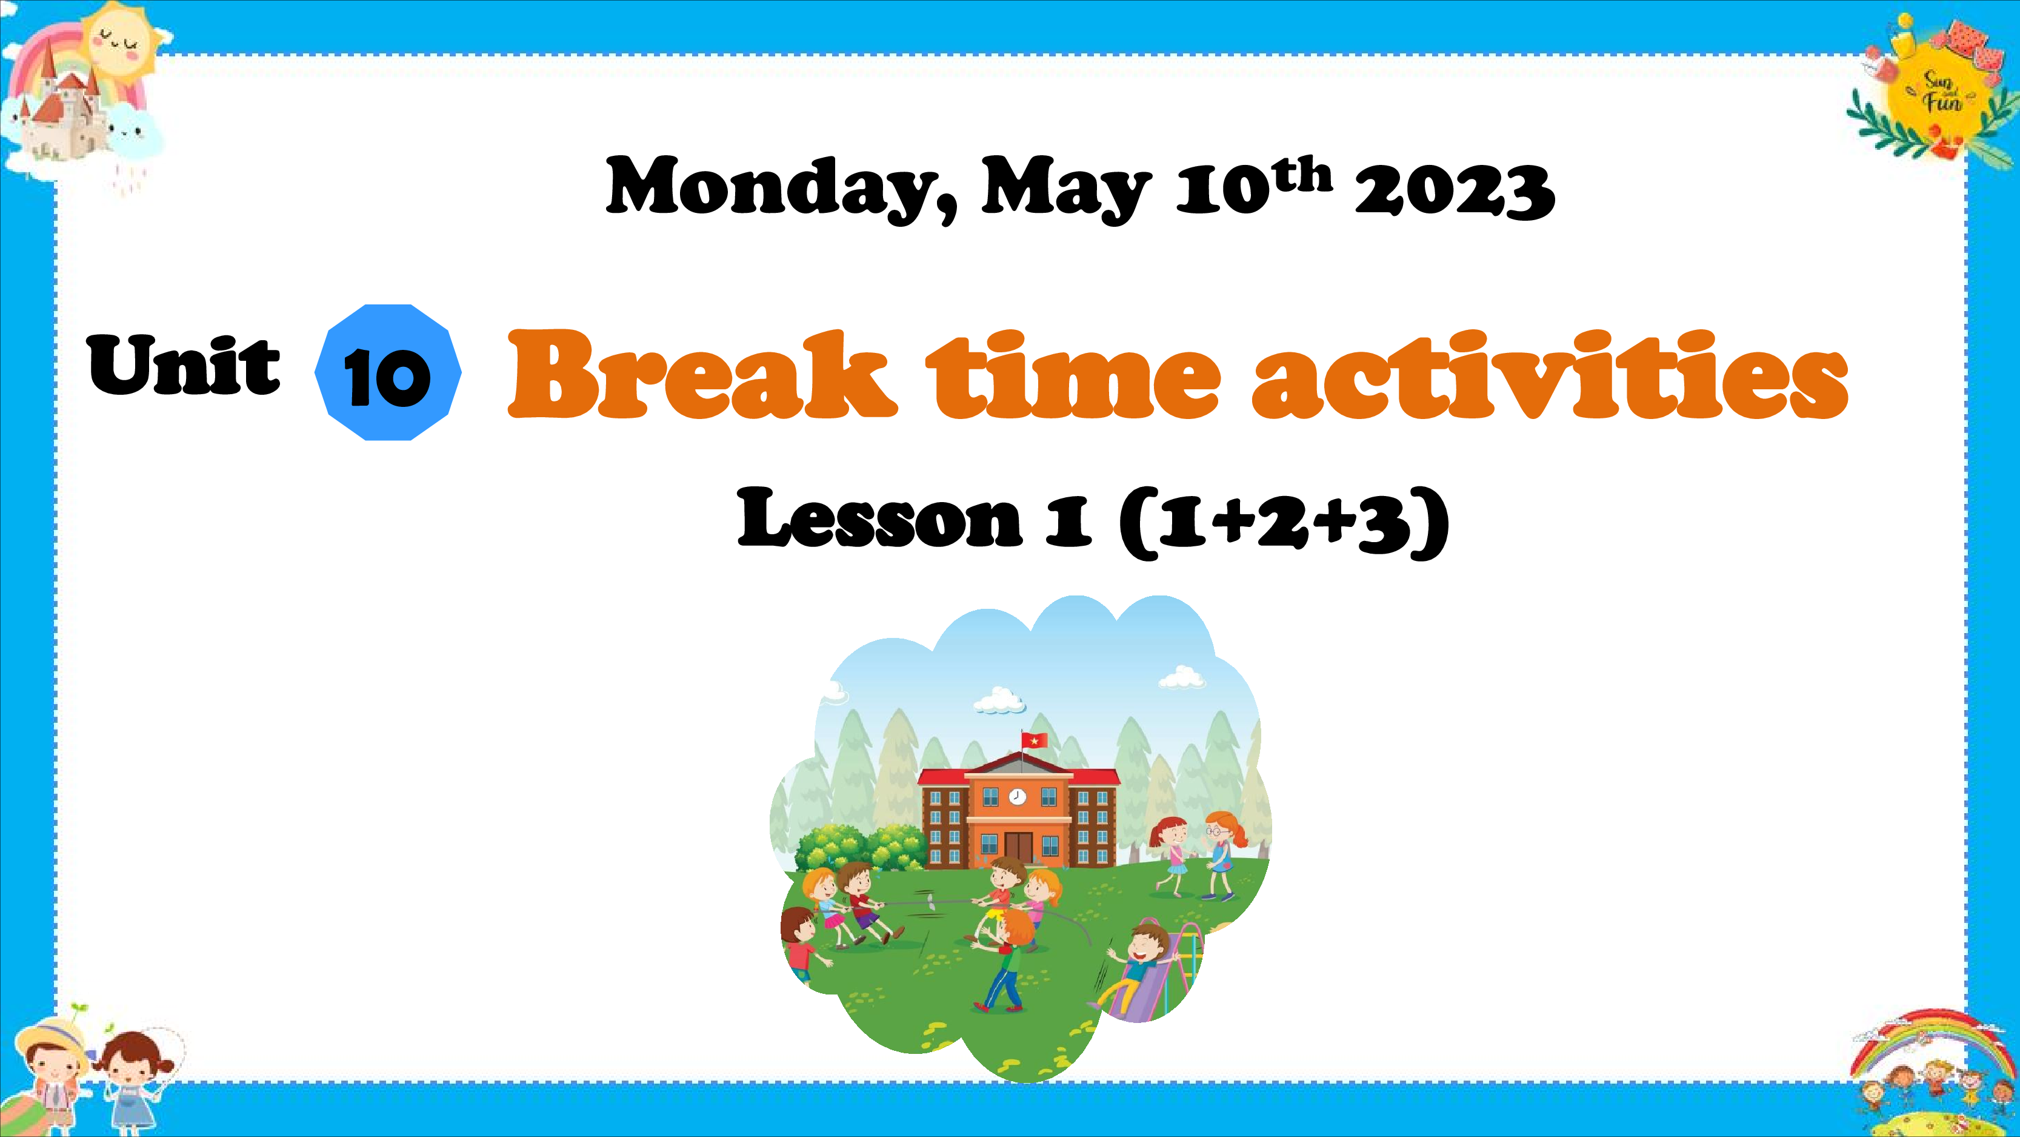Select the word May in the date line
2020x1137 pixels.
click(1065, 190)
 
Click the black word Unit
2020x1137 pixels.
click(184, 364)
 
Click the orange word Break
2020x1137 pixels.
click(702, 374)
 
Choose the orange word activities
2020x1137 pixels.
click(1550, 374)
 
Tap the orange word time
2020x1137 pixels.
click(1073, 374)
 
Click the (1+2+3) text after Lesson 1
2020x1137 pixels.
click(1284, 521)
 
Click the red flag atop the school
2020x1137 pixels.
click(1033, 740)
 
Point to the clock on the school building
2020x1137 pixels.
click(1017, 796)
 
